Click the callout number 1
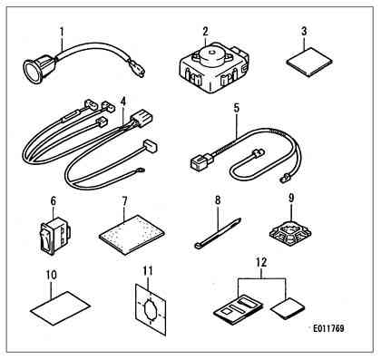pyautogui.click(x=62, y=32)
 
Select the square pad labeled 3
pyautogui.click(x=309, y=62)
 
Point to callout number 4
pyautogui.click(x=122, y=102)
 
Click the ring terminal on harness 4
pyautogui.click(x=140, y=170)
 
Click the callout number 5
pyautogui.click(x=237, y=108)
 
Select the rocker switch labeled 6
pyautogui.click(x=54, y=234)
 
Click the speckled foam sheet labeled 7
pyautogui.click(x=132, y=235)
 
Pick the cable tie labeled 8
pyautogui.click(x=217, y=233)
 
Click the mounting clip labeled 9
pyautogui.click(x=290, y=233)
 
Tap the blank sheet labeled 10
pyautogui.click(x=60, y=307)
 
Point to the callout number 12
pyautogui.click(x=262, y=263)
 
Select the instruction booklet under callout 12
pyautogui.click(x=239, y=311)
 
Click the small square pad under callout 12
pyautogui.click(x=288, y=308)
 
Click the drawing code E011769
pyautogui.click(x=328, y=328)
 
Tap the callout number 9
pyautogui.click(x=291, y=199)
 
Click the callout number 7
pyautogui.click(x=124, y=200)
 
